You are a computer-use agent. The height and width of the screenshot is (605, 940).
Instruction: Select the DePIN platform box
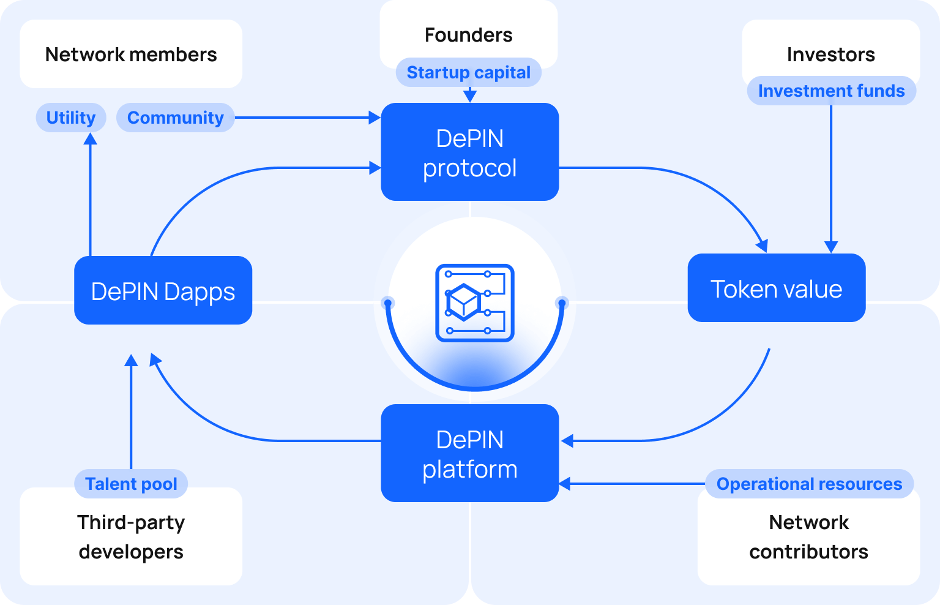pos(469,453)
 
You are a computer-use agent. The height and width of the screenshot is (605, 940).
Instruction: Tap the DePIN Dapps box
pos(163,291)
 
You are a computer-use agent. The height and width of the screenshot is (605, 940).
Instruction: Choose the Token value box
pos(776,288)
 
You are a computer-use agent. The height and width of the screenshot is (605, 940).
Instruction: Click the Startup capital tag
pos(468,72)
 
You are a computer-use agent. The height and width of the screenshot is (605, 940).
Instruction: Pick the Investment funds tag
pos(831,91)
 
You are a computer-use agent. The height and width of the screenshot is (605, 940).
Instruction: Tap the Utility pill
pos(71,118)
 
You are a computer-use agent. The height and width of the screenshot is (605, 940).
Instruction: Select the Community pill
pos(175,118)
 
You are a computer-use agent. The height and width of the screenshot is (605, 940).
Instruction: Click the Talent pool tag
pos(131,484)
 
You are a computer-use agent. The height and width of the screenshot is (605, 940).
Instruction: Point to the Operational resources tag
pos(809,484)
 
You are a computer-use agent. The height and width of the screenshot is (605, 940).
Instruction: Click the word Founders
pos(468,35)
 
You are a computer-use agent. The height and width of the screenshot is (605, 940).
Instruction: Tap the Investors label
pos(830,54)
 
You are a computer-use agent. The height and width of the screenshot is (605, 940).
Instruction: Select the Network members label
pos(131,54)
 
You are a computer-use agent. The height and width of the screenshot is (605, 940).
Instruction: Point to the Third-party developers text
pos(131,536)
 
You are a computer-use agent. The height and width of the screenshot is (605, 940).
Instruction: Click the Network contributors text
pos(808,536)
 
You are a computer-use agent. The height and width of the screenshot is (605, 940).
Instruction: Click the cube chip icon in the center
pos(474,302)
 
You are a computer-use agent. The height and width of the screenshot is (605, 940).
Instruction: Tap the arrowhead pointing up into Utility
pos(91,139)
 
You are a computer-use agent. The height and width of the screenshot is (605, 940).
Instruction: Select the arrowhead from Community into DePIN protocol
pos(375,118)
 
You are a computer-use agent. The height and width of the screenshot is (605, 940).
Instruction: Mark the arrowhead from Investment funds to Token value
pos(830,247)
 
